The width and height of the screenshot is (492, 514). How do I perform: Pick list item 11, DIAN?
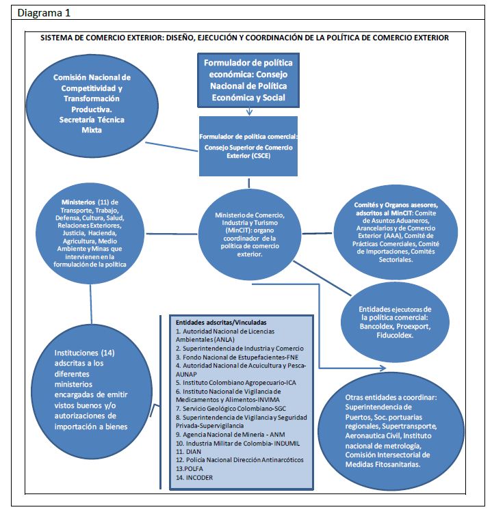pos(189,452)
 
